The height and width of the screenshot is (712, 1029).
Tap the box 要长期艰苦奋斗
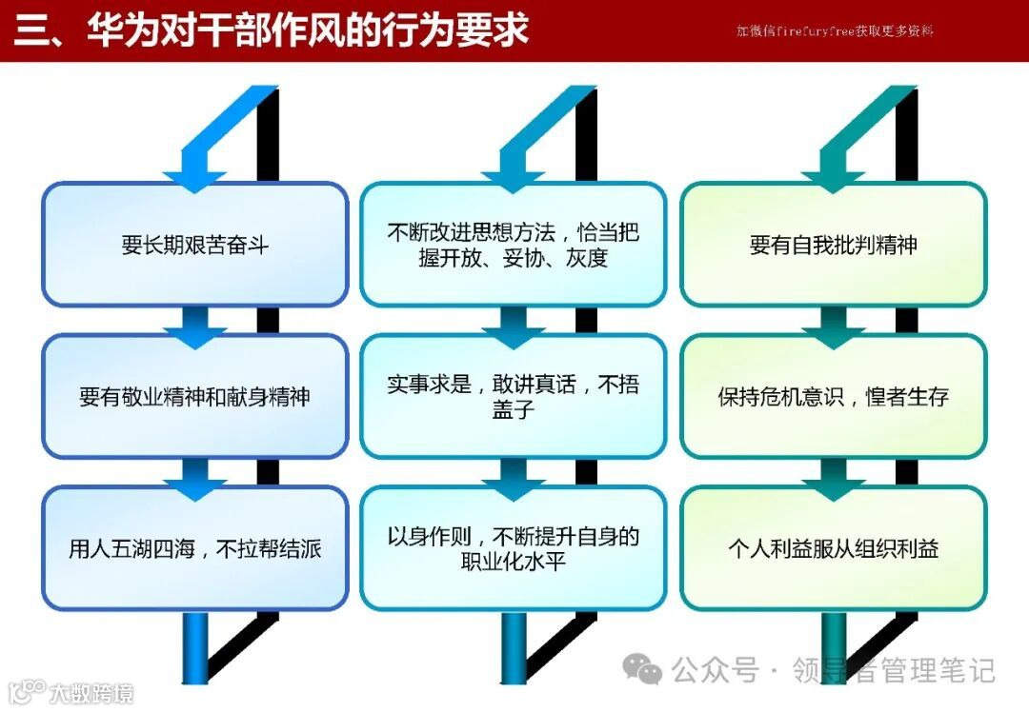coord(195,245)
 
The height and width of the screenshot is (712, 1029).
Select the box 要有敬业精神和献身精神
coord(195,396)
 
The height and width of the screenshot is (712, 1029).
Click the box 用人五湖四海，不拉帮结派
coord(195,548)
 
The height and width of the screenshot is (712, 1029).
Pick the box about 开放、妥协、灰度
coord(514,245)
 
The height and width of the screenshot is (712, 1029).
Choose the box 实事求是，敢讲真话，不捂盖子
coord(514,396)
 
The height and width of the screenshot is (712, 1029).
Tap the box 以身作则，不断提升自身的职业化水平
coord(514,548)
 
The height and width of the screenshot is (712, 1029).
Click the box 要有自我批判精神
coord(833,245)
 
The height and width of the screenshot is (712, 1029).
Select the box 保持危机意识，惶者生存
coord(833,396)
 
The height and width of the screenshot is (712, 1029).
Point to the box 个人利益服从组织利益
coord(833,548)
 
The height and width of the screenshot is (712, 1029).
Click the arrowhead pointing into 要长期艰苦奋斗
coord(194,179)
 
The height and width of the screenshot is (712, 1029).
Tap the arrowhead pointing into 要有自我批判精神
coord(833,179)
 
